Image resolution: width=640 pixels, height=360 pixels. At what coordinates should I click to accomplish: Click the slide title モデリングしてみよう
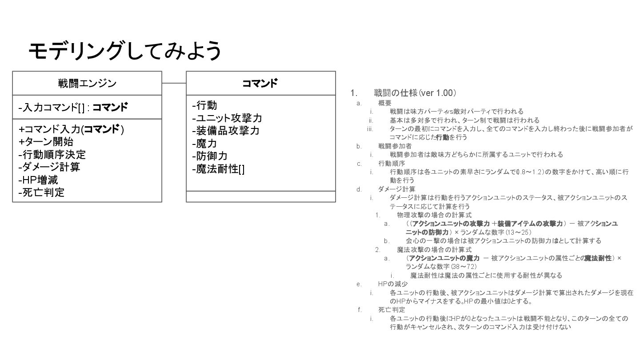[125, 51]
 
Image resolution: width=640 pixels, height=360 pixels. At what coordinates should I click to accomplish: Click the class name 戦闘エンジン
[87, 83]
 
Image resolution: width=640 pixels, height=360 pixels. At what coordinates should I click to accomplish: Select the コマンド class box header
[260, 83]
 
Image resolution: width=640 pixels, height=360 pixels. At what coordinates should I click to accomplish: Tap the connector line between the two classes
[174, 83]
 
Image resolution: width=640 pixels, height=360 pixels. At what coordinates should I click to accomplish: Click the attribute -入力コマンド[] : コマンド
[73, 107]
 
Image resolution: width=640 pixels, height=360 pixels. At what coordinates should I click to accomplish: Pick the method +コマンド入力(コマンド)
[71, 129]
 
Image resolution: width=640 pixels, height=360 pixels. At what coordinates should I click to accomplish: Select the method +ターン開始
[46, 142]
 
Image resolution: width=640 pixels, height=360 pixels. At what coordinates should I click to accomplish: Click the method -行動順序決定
[52, 154]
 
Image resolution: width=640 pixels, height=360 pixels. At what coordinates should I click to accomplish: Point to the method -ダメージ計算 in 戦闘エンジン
[49, 167]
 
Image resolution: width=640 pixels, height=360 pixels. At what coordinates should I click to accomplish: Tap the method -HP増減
[38, 180]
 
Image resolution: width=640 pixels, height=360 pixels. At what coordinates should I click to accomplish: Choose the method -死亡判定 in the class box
[41, 192]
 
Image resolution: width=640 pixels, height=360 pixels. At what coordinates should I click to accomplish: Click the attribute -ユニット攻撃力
[227, 118]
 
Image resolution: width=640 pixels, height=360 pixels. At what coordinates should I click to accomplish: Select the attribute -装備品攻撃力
[226, 131]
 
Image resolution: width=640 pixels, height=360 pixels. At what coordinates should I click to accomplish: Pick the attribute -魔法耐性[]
[218, 169]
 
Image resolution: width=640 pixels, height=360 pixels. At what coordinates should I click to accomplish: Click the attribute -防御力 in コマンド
[210, 156]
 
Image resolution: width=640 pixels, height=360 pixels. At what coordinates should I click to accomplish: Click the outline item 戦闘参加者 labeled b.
[395, 146]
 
